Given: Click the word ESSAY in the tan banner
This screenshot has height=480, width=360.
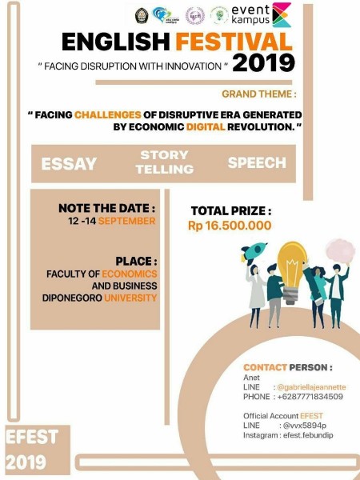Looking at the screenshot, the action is [x=69, y=164].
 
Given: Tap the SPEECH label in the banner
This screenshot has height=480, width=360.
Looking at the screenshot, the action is [x=257, y=162].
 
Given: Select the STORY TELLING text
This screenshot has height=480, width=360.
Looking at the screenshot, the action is [x=164, y=162].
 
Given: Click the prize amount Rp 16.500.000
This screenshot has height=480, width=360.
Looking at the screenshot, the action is [x=230, y=226].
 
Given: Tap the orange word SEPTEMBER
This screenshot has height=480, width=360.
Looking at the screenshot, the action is [x=129, y=221].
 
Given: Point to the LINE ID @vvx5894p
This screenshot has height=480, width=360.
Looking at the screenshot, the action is [x=297, y=426].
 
